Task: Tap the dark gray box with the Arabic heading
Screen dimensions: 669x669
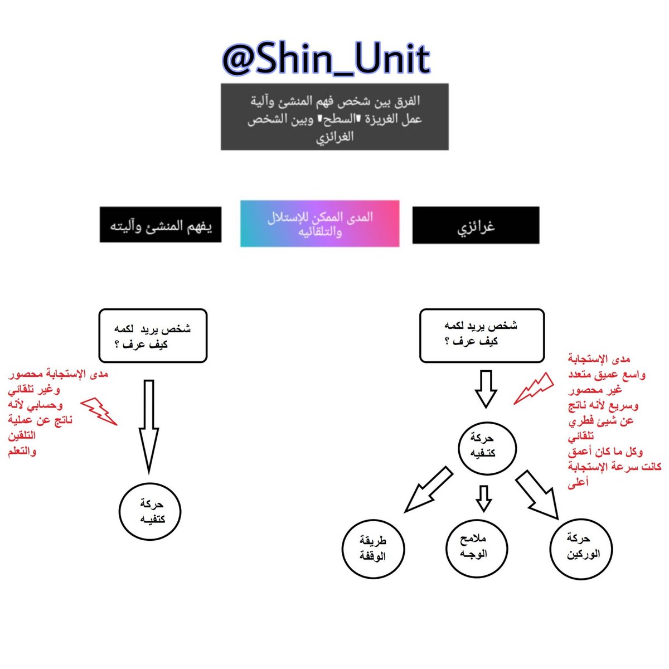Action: click(x=334, y=117)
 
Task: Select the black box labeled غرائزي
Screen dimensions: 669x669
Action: click(x=476, y=225)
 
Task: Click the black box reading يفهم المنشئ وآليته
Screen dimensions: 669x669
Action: click(x=161, y=225)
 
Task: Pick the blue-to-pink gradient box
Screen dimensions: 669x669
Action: click(x=319, y=224)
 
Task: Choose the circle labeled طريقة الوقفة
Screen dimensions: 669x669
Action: click(x=373, y=549)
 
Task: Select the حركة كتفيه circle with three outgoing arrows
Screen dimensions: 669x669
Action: click(x=486, y=446)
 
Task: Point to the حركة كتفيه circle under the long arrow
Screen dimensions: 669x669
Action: click(x=151, y=511)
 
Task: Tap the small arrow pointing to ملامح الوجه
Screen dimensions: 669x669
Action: click(x=484, y=497)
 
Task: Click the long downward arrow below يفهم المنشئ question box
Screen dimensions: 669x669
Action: click(x=148, y=424)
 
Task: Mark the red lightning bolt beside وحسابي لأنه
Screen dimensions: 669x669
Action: click(x=99, y=411)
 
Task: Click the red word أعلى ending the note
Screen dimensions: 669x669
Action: click(x=578, y=483)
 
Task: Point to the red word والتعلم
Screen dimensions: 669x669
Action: click(x=22, y=451)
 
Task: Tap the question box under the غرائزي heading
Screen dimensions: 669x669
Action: click(x=481, y=336)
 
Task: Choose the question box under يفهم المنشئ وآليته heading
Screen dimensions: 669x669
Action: click(x=153, y=336)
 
